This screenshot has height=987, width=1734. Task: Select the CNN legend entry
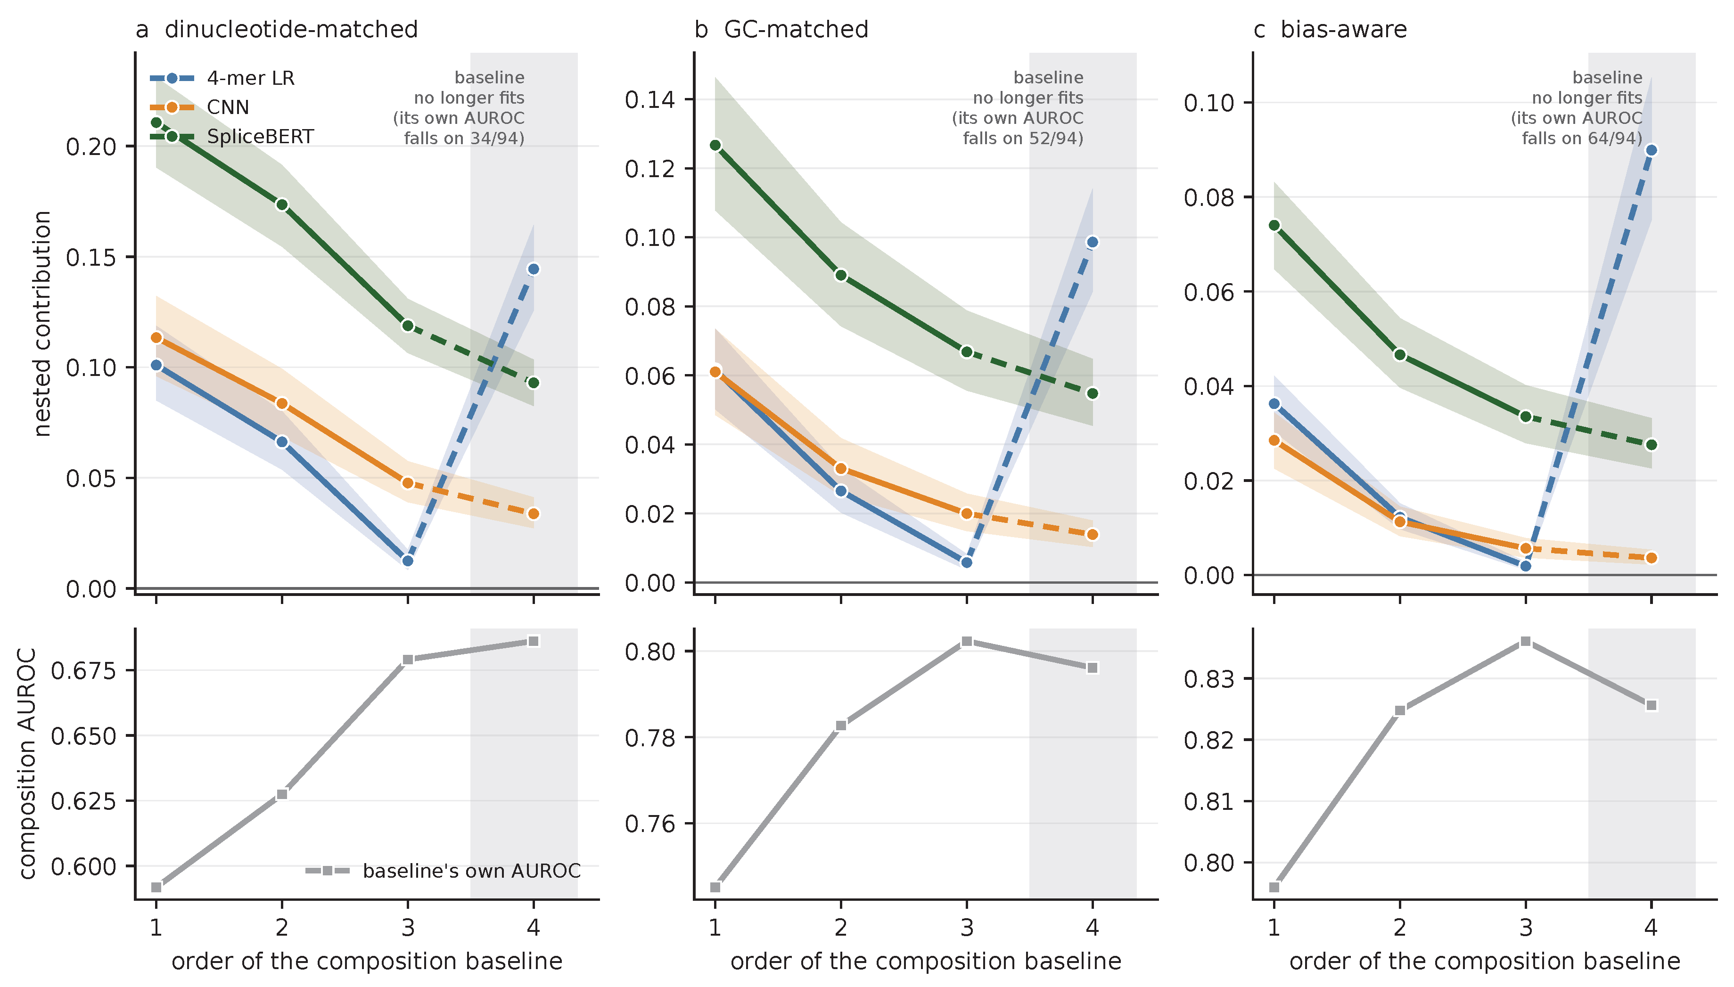tap(199, 107)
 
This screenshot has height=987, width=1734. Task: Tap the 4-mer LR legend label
tap(251, 78)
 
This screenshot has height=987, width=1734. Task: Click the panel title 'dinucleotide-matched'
tap(291, 29)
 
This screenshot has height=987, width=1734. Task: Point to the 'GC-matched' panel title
tap(796, 29)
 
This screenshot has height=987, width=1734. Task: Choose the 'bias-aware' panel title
tap(1343, 29)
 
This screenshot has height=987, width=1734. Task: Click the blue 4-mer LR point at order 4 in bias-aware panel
tap(1651, 150)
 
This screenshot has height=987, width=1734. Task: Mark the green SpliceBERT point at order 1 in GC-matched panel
tap(715, 145)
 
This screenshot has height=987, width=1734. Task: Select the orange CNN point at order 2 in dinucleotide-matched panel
tap(282, 403)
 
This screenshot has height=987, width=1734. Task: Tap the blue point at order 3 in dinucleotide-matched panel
tap(408, 561)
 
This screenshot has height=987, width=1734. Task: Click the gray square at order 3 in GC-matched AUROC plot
tap(966, 641)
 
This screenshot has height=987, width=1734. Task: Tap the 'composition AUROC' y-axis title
tap(27, 764)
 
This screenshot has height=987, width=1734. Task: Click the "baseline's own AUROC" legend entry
tap(444, 871)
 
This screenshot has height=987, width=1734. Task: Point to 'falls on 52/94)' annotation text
tap(1023, 139)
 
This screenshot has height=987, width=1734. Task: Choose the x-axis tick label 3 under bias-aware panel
tap(1525, 927)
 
